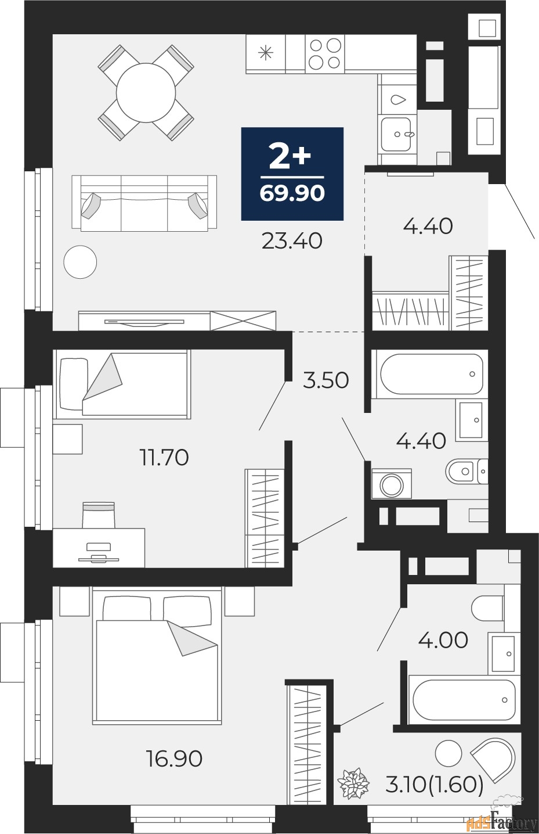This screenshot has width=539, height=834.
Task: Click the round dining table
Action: click(x=146, y=93)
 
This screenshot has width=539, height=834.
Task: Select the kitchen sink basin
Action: click(x=396, y=134)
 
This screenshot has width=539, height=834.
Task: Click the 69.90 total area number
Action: click(x=292, y=193)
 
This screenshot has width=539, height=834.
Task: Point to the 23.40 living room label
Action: click(x=292, y=240)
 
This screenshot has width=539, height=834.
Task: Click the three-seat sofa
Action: click(x=144, y=203)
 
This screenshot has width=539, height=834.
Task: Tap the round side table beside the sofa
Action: click(x=80, y=262)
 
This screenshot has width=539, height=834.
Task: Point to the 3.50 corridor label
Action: click(x=326, y=380)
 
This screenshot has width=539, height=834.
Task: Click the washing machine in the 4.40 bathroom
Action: click(x=392, y=484)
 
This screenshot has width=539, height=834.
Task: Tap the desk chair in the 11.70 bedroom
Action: click(x=99, y=515)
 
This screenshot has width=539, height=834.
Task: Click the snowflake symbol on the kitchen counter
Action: click(x=265, y=52)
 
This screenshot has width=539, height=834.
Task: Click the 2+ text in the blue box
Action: click(x=290, y=157)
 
